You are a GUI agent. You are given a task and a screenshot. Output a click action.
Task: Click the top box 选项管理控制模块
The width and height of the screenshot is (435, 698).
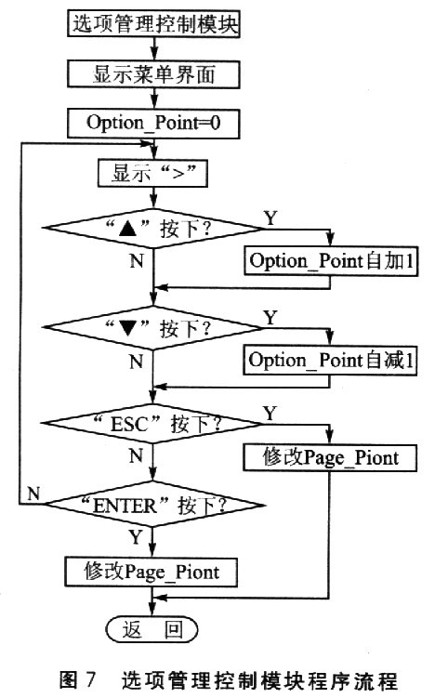pyautogui.click(x=153, y=23)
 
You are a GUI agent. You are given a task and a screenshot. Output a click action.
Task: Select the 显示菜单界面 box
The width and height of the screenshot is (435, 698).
pyautogui.click(x=153, y=74)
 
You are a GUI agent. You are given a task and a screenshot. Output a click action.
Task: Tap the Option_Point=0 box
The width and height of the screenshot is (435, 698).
pyautogui.click(x=153, y=123)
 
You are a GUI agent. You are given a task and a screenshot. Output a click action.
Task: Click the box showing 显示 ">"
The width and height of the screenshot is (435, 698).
pyautogui.click(x=152, y=173)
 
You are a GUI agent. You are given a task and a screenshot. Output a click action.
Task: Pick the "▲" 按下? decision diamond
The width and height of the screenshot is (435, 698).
pyautogui.click(x=153, y=229)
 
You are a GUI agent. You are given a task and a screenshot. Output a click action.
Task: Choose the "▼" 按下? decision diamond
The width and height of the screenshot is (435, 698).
pyautogui.click(x=153, y=328)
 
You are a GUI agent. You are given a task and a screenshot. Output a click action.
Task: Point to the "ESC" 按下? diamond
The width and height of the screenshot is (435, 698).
pyautogui.click(x=152, y=423)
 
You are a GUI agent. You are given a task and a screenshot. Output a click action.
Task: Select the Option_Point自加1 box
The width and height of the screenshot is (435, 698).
pyautogui.click(x=331, y=261)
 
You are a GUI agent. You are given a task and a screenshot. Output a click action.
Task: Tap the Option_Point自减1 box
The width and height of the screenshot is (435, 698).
pyautogui.click(x=330, y=360)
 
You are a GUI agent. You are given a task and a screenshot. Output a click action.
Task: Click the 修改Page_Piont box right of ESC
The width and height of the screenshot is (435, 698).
pyautogui.click(x=330, y=457)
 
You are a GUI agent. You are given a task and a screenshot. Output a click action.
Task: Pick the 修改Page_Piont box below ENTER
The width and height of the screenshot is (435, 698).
pyautogui.click(x=152, y=572)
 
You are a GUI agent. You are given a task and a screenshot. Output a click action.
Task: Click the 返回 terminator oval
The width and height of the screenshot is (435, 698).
pyautogui.click(x=152, y=629)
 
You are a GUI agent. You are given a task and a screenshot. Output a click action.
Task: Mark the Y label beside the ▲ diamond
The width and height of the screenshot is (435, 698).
pyautogui.click(x=270, y=218)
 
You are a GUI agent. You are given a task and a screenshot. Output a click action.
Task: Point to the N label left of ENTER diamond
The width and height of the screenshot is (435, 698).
pyautogui.click(x=33, y=494)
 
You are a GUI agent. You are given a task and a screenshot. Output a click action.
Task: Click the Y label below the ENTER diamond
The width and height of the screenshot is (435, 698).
pyautogui.click(x=136, y=537)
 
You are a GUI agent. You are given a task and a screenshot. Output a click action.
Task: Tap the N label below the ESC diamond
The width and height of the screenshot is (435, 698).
pyautogui.click(x=137, y=455)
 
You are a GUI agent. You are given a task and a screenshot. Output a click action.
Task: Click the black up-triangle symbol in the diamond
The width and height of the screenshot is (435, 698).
pyautogui.click(x=127, y=229)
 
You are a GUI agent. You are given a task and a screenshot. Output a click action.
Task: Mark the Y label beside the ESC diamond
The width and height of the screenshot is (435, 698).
pyautogui.click(x=270, y=414)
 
